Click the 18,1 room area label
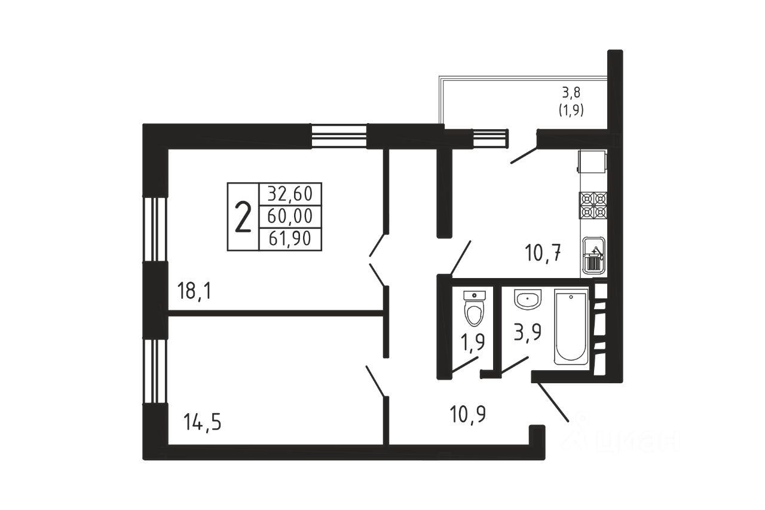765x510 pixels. pos(194,291)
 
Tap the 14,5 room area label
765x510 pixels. pos(202,422)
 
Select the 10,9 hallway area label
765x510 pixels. pos(468,414)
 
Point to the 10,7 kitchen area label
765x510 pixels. pos(543,253)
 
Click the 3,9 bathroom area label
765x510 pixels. pos(528,332)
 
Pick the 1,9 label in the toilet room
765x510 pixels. pos(473,342)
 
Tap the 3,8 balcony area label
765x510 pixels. pos(571,92)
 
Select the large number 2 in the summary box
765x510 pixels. pos(243,217)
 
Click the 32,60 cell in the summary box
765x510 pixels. pos(290,194)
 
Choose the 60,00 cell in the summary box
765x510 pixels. pos(290,216)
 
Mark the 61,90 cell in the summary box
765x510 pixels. pos(290,239)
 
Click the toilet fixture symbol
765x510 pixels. pos(475,309)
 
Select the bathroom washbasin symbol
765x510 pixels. pos(528,300)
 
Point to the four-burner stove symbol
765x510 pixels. pos(593,205)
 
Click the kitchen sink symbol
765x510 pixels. pos(593,255)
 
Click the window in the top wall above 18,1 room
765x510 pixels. pos(339,136)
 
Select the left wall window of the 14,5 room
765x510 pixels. pos(155,371)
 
